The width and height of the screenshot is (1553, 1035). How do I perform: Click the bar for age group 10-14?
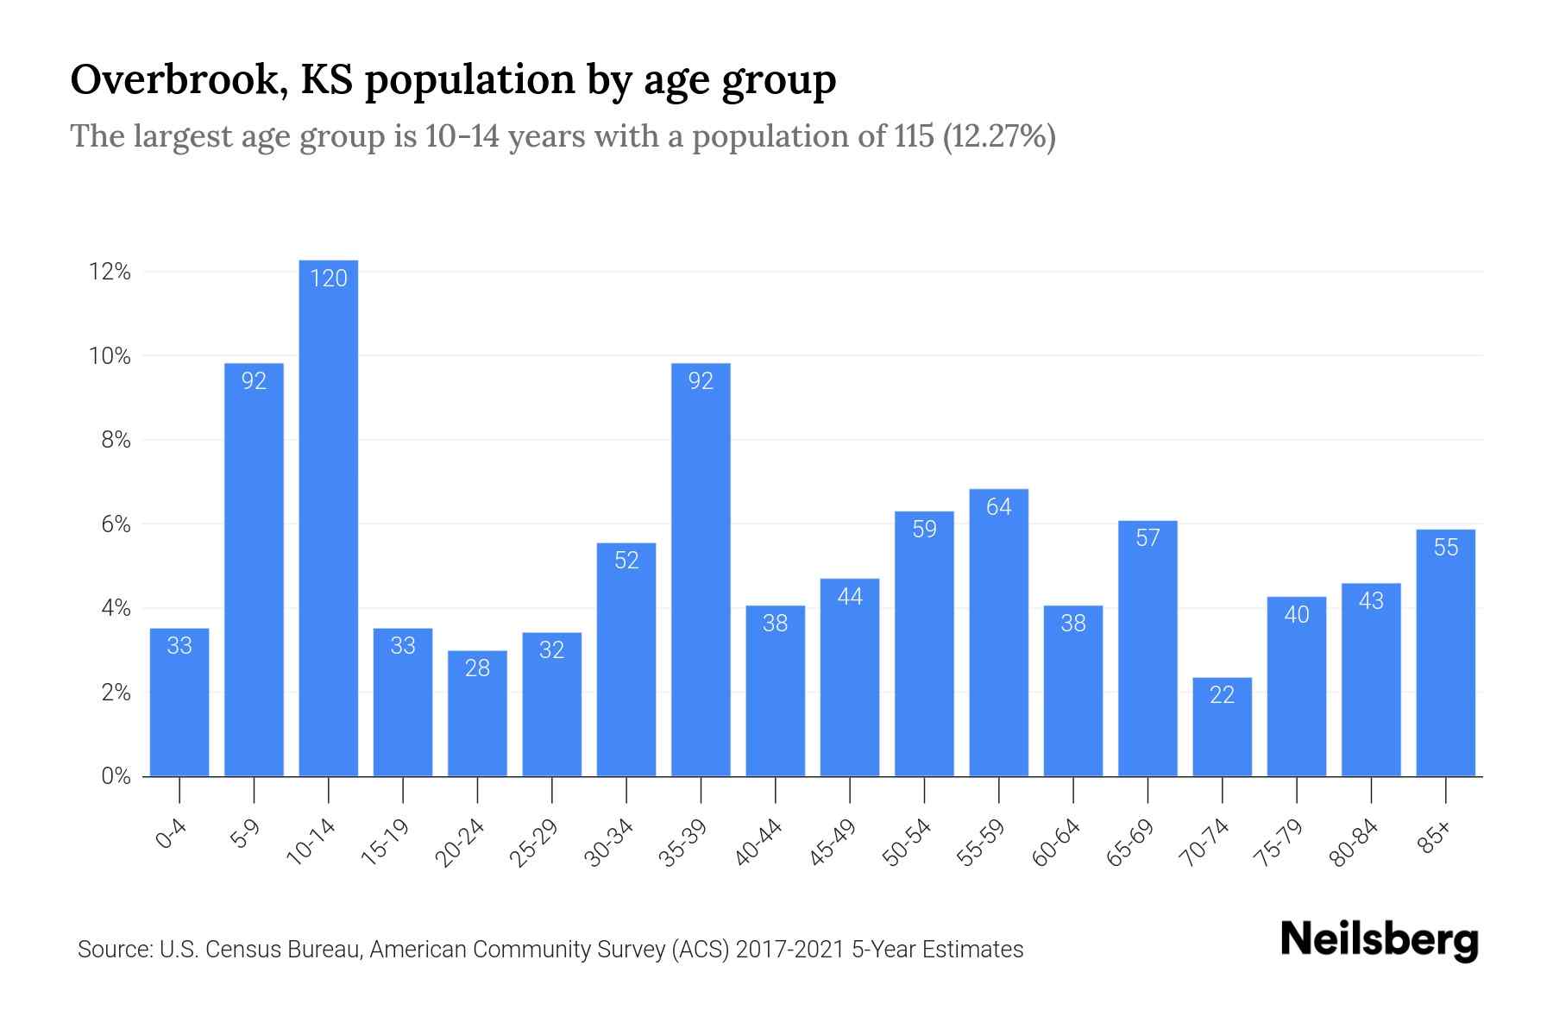pyautogui.click(x=328, y=517)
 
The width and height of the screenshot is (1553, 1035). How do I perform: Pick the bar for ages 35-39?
pyautogui.click(x=701, y=569)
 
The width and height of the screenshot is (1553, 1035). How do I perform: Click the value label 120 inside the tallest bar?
pyautogui.click(x=328, y=278)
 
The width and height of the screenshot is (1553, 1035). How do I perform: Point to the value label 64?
pyautogui.click(x=998, y=507)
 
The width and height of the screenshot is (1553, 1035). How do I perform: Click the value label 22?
pyautogui.click(x=1222, y=695)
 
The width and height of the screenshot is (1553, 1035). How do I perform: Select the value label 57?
pyautogui.click(x=1147, y=538)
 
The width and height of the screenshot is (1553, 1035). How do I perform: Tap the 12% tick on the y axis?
pyautogui.click(x=110, y=273)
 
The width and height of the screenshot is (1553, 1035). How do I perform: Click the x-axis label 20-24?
pyautogui.click(x=460, y=843)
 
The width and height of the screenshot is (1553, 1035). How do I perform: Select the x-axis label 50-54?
pyautogui.click(x=907, y=843)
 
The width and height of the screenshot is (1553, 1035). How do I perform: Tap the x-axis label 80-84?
pyautogui.click(x=1354, y=843)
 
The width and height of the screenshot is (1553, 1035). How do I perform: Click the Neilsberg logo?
pyautogui.click(x=1379, y=940)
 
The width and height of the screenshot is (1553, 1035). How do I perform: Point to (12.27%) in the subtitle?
pyautogui.click(x=999, y=136)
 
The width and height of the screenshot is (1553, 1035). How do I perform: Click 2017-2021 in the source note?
pyautogui.click(x=790, y=950)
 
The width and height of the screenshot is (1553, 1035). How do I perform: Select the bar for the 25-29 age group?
pyautogui.click(x=551, y=705)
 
